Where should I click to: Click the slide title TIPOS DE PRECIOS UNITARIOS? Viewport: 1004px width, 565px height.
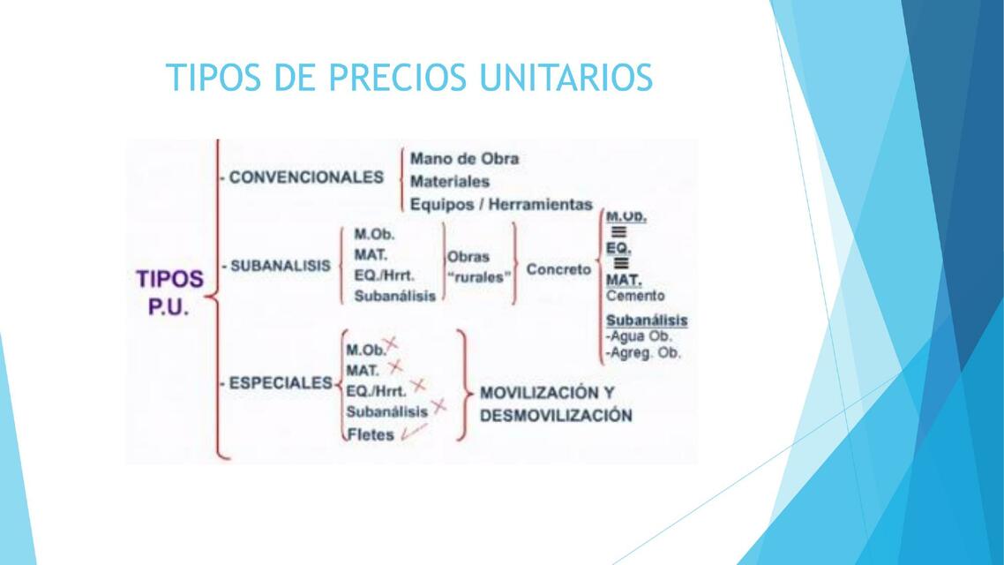tap(408, 78)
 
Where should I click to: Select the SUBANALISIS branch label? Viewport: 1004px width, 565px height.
tap(281, 266)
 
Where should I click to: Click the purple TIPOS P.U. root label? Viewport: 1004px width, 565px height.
tap(169, 294)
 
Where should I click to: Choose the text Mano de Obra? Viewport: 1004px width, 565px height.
tap(464, 159)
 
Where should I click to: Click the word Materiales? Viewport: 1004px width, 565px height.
tap(450, 181)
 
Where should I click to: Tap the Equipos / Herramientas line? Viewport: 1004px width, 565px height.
tap(501, 204)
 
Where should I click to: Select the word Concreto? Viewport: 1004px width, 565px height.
tap(558, 269)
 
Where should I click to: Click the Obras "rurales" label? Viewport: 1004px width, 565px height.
tap(479, 267)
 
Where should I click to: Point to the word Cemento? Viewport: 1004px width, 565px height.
tap(635, 296)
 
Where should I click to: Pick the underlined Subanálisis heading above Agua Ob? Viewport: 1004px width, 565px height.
tap(647, 320)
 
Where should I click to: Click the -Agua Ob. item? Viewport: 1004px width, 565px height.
tap(638, 336)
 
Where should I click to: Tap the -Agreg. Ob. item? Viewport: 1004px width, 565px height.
tap(643, 353)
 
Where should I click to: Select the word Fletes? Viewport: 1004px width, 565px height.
tap(371, 434)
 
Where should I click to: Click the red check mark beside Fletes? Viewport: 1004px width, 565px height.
tap(412, 432)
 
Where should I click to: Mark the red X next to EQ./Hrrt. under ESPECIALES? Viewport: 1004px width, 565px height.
tap(418, 385)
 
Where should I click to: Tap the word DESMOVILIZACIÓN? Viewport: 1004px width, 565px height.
tap(556, 415)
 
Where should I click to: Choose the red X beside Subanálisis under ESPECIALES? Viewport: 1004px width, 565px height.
tap(438, 406)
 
